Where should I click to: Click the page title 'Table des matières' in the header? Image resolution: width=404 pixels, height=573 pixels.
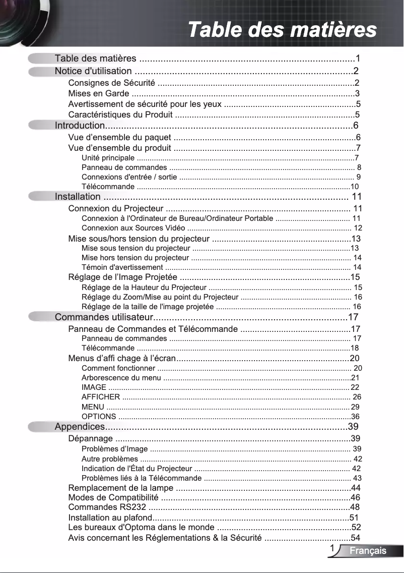point(282,29)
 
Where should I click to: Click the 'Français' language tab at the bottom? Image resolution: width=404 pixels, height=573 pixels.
point(368,550)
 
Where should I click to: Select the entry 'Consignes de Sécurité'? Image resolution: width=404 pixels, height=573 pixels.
point(112,83)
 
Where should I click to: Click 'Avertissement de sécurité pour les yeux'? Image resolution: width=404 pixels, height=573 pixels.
point(145,104)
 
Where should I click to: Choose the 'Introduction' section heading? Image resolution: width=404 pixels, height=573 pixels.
point(80,126)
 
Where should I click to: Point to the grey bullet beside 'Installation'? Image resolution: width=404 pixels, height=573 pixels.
point(40,197)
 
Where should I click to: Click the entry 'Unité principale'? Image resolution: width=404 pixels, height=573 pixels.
point(108,158)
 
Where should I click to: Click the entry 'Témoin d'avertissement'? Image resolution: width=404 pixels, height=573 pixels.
point(122,267)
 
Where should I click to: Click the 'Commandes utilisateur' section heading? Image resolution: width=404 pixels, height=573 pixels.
point(104,317)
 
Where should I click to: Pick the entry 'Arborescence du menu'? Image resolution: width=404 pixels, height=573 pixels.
point(121,378)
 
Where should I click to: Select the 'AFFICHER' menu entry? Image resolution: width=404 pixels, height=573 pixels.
point(101,397)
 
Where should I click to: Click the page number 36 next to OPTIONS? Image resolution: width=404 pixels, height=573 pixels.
point(355,417)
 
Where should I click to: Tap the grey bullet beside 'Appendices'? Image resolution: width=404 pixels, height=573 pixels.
point(40,427)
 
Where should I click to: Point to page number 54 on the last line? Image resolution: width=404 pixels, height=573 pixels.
point(355,538)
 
